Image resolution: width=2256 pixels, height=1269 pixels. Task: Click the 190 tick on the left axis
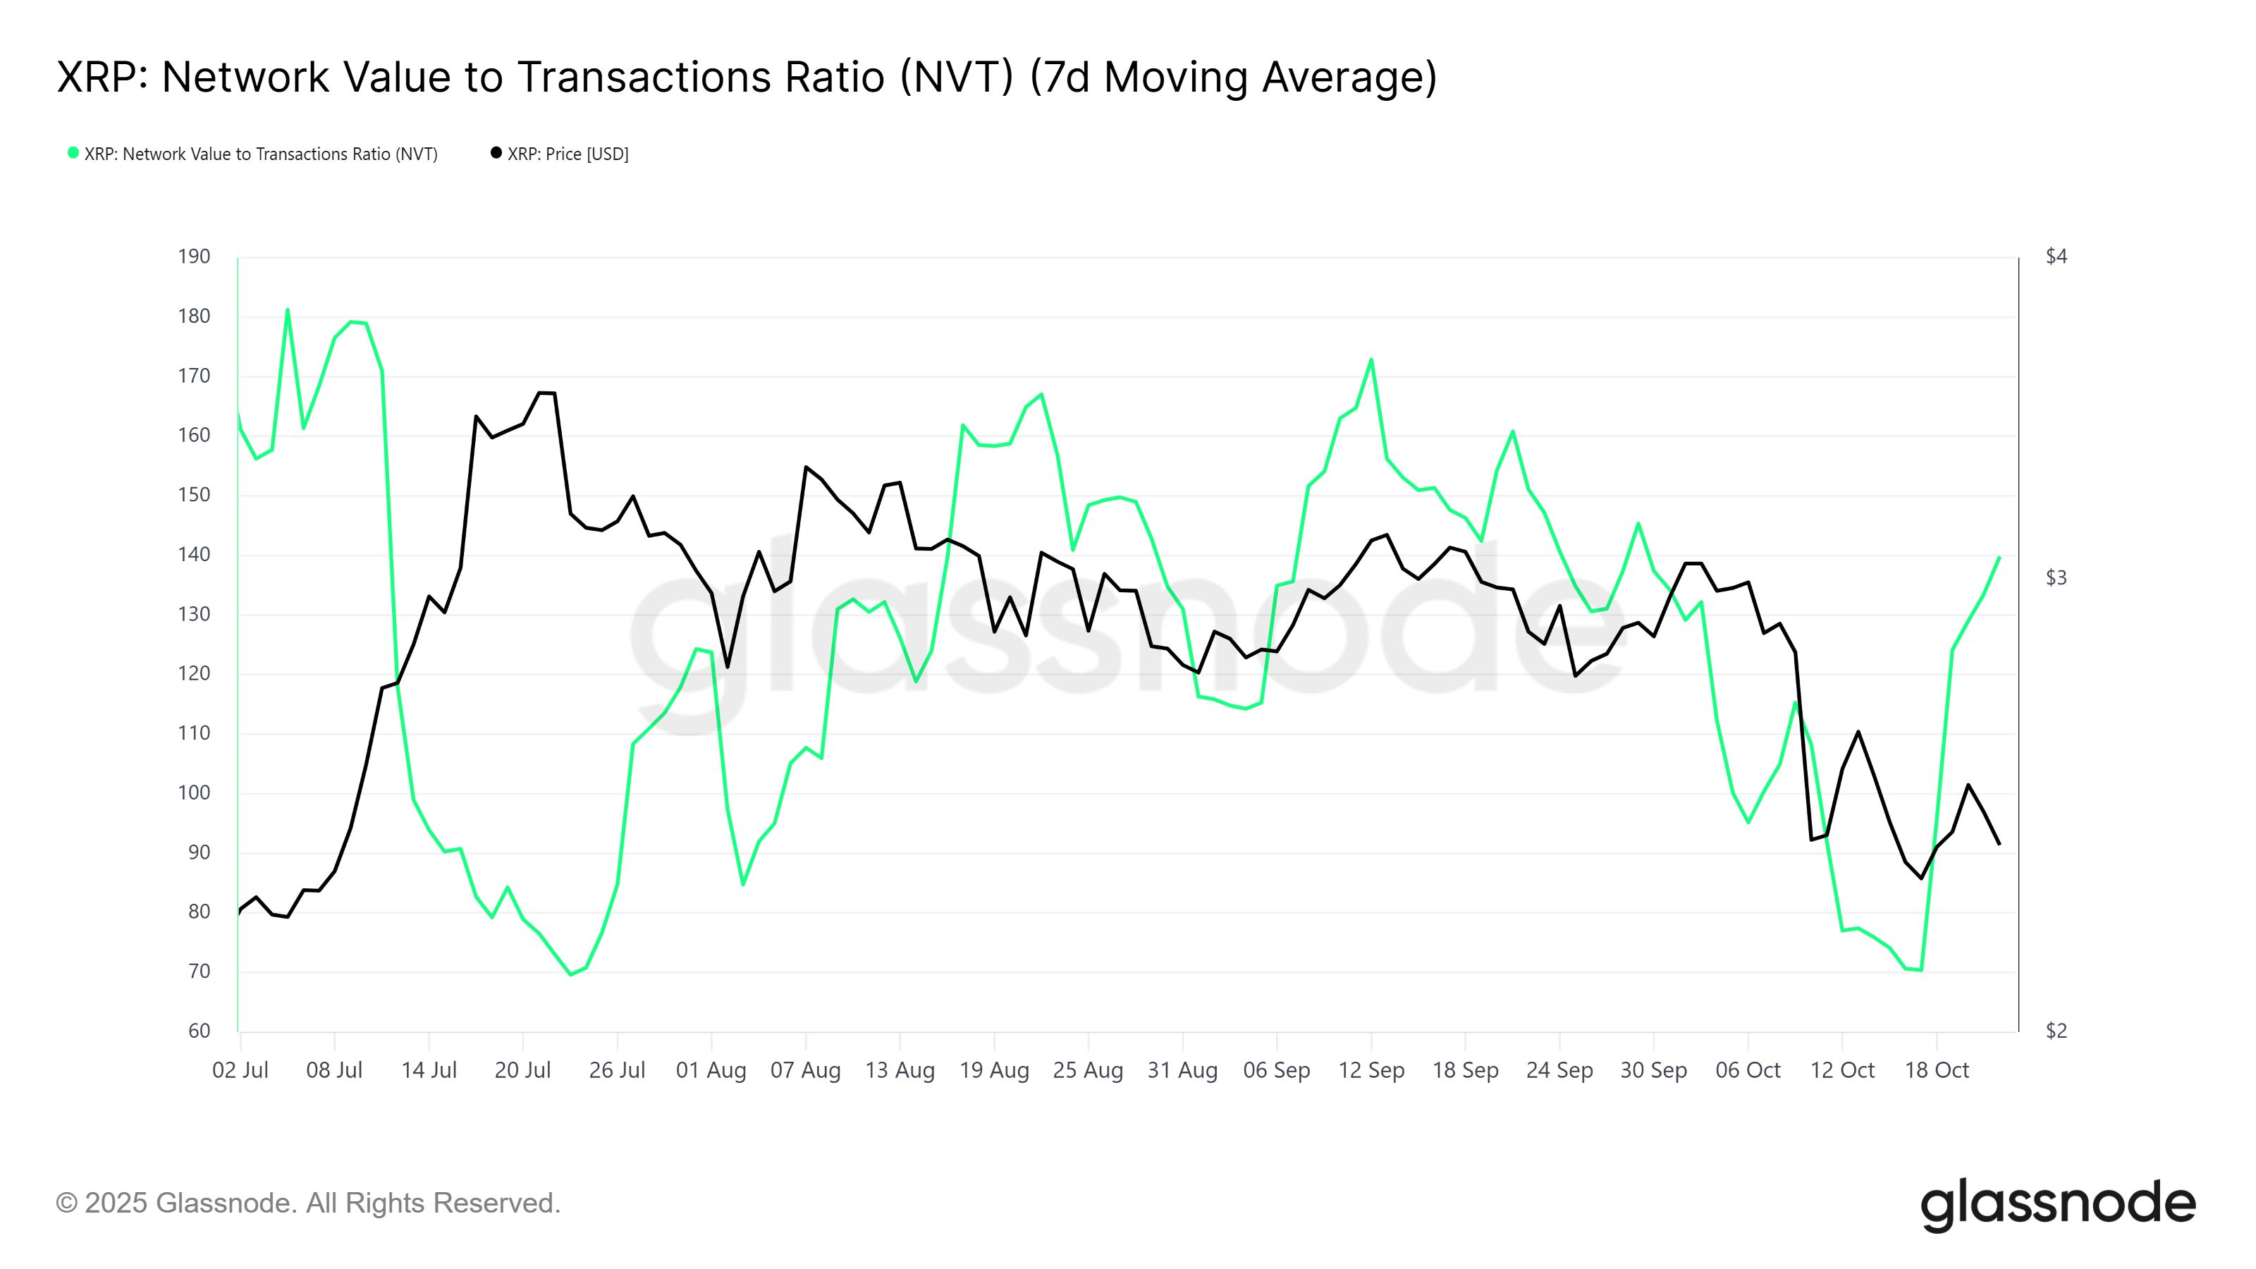(194, 257)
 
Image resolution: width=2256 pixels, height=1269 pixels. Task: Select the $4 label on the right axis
(2056, 257)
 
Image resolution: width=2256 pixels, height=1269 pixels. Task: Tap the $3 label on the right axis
(2056, 577)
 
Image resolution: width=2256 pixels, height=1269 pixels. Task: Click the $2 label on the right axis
(2056, 1031)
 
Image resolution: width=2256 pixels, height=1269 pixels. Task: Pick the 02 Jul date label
(240, 1070)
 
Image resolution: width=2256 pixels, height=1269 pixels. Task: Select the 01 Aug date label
(711, 1070)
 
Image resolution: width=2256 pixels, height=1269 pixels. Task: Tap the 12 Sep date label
(1371, 1070)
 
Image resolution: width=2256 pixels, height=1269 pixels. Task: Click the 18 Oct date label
(1937, 1070)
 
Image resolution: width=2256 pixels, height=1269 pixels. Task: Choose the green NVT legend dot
(73, 153)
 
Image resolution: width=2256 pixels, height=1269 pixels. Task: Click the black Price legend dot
(496, 153)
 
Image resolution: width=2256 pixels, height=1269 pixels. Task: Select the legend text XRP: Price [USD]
(568, 154)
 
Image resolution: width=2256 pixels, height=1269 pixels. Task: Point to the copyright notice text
(307, 1203)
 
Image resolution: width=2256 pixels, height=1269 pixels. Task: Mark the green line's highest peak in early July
(287, 309)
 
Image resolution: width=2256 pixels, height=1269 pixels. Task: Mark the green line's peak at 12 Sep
(1371, 359)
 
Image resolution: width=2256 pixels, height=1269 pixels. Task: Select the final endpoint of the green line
(1999, 557)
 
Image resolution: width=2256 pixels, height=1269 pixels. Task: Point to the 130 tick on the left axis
(194, 614)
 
